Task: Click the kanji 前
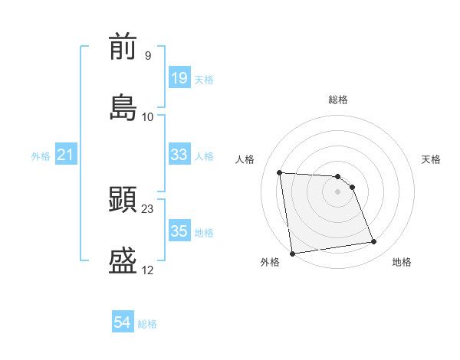[x=123, y=47]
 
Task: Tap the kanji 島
[x=123, y=107]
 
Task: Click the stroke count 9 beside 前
[x=148, y=56]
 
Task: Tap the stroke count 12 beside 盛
[x=148, y=270]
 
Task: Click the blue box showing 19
[x=179, y=78]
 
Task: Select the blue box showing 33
[x=179, y=155]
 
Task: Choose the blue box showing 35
[x=179, y=231]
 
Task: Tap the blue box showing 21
[x=66, y=155]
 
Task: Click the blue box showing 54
[x=123, y=322]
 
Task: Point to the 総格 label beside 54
[x=148, y=324]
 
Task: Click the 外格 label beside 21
[x=41, y=156]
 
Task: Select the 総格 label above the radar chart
[x=338, y=100]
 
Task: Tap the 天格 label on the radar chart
[x=432, y=159]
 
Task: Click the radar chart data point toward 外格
[x=292, y=254]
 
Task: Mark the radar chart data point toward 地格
[x=374, y=242]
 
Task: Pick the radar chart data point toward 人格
[x=280, y=172]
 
